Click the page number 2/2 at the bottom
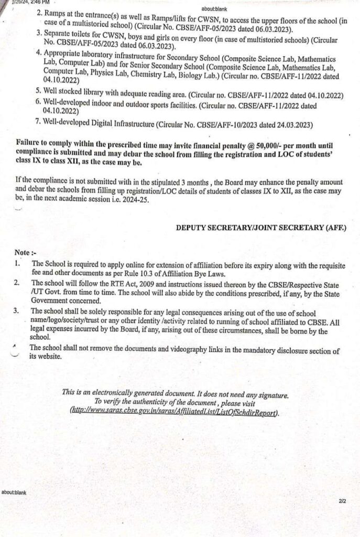(x=342, y=501)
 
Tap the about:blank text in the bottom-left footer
(x=14, y=492)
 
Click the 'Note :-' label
(x=26, y=252)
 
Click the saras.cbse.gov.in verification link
(x=174, y=412)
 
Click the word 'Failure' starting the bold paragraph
(x=30, y=144)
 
